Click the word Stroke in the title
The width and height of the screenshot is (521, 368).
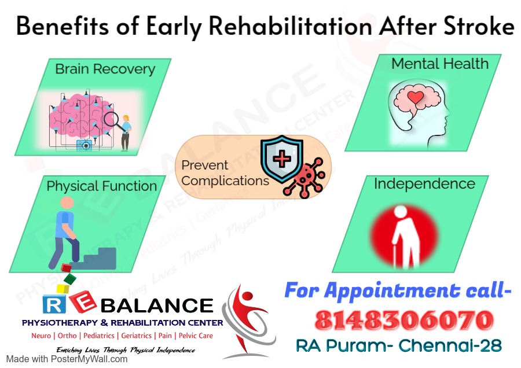pos(479,26)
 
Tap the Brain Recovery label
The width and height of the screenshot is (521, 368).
pos(105,69)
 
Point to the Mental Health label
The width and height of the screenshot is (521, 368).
pos(440,64)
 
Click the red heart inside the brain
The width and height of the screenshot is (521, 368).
pos(415,97)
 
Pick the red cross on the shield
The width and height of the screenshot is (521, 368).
pos(282,159)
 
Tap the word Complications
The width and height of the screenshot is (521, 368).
pos(225,181)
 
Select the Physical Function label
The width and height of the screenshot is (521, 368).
pos(102,186)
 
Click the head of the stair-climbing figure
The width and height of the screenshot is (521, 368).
pos(68,203)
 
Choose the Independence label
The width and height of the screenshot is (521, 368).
pos(425,184)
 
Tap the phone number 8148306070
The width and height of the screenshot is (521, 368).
pos(404,320)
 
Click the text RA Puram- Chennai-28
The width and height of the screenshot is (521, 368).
pos(399,346)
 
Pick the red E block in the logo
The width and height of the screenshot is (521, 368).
pos(83,301)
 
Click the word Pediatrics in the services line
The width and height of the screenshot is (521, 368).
pos(98,336)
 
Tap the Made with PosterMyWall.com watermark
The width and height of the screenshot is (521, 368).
pos(67,359)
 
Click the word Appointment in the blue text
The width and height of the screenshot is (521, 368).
pos(392,291)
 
